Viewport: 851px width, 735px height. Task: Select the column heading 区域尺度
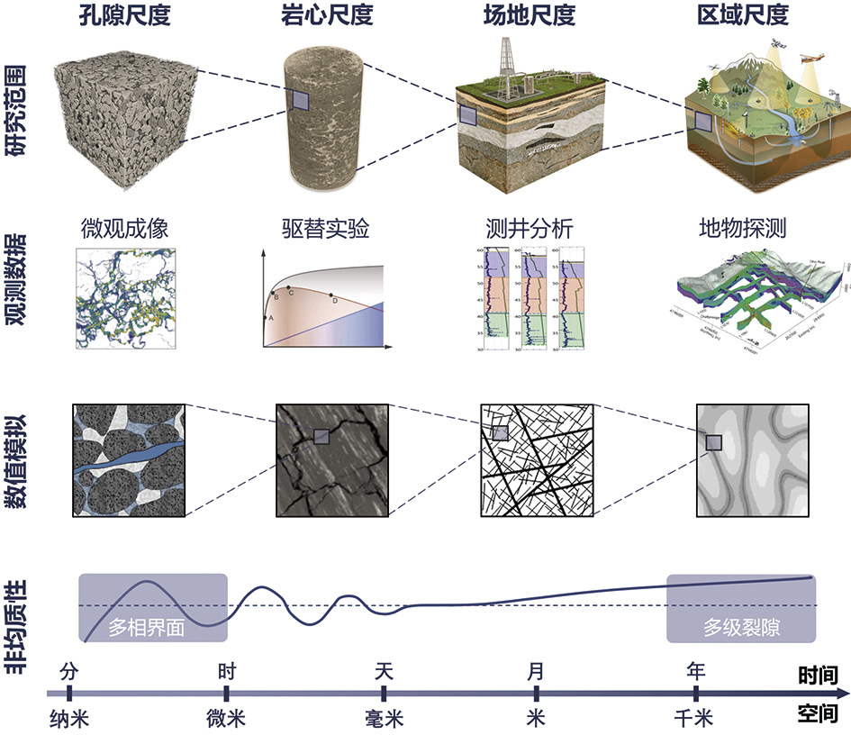743,15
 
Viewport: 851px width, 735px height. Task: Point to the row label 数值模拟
16,460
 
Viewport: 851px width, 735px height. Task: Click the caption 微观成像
124,229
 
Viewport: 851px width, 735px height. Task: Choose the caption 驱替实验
323,229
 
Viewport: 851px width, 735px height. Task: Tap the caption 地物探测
742,229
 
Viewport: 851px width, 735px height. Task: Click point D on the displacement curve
331,295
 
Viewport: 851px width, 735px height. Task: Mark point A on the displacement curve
267,317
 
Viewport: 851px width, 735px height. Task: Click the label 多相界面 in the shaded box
146,627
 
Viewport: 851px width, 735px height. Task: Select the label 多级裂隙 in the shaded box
742,627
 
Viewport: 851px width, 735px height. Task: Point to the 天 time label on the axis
385,671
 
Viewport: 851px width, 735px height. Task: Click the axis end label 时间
819,676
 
